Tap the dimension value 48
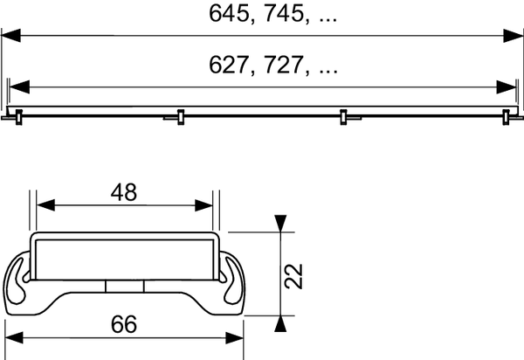[125, 193]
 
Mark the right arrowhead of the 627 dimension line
[506, 87]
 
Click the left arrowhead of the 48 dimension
[45, 206]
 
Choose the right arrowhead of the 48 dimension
[204, 206]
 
